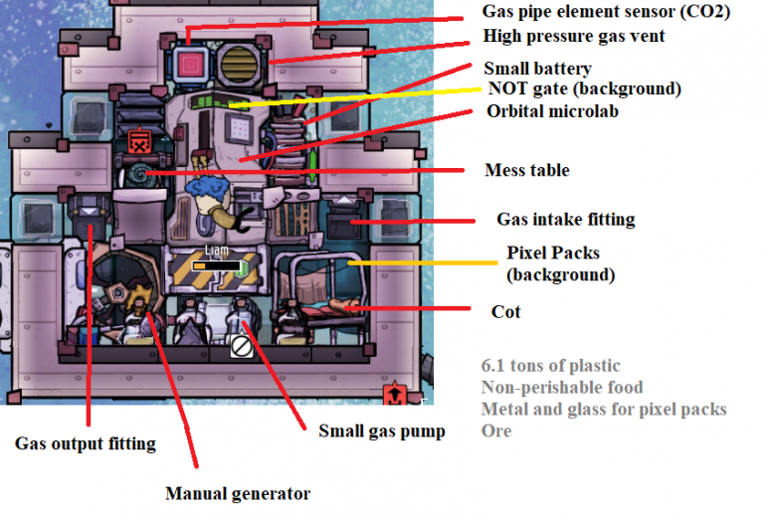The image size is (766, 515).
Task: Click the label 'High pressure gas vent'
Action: pyautogui.click(x=574, y=37)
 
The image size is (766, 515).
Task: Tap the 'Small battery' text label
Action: pyautogui.click(x=537, y=69)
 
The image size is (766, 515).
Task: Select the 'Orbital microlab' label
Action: pyautogui.click(x=552, y=111)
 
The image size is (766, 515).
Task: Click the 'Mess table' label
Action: pyautogui.click(x=527, y=170)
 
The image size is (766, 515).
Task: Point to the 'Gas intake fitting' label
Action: pyautogui.click(x=565, y=219)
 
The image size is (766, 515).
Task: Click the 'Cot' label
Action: pyautogui.click(x=505, y=311)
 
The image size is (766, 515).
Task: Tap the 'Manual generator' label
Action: pyautogui.click(x=237, y=493)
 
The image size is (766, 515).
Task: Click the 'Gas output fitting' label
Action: pyautogui.click(x=85, y=443)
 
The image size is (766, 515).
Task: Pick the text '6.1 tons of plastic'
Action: pyautogui.click(x=550, y=367)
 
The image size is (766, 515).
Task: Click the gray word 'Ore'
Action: pyautogui.click(x=496, y=430)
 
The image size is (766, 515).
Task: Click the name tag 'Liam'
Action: pyautogui.click(x=217, y=251)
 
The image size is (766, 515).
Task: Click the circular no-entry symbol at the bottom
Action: pyautogui.click(x=241, y=346)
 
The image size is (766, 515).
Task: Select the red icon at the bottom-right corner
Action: pyautogui.click(x=394, y=395)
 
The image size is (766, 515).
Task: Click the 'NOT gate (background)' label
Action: pyautogui.click(x=584, y=89)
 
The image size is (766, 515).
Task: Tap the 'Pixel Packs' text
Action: pyautogui.click(x=553, y=253)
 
